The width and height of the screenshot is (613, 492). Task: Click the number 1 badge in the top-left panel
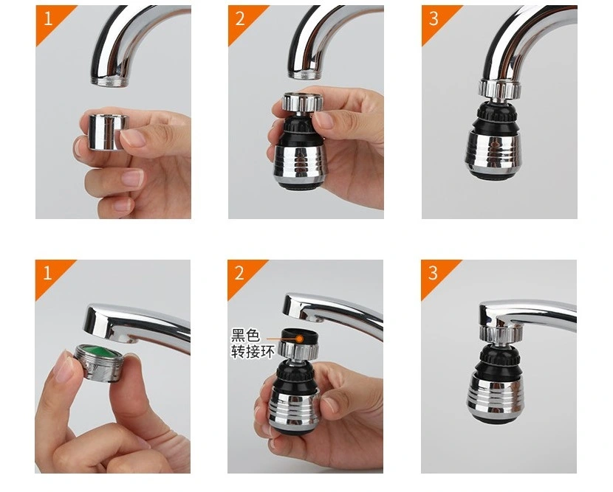coord(48,18)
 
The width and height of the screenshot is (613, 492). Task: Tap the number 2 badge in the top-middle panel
coord(241,18)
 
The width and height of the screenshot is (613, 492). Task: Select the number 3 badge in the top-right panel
coord(434,18)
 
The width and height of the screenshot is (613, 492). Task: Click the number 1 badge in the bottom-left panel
coord(48,273)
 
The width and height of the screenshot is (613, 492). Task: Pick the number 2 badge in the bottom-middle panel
coord(241,273)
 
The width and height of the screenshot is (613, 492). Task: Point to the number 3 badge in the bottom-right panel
coord(434,273)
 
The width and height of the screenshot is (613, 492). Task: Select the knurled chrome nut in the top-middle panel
coord(300,102)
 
